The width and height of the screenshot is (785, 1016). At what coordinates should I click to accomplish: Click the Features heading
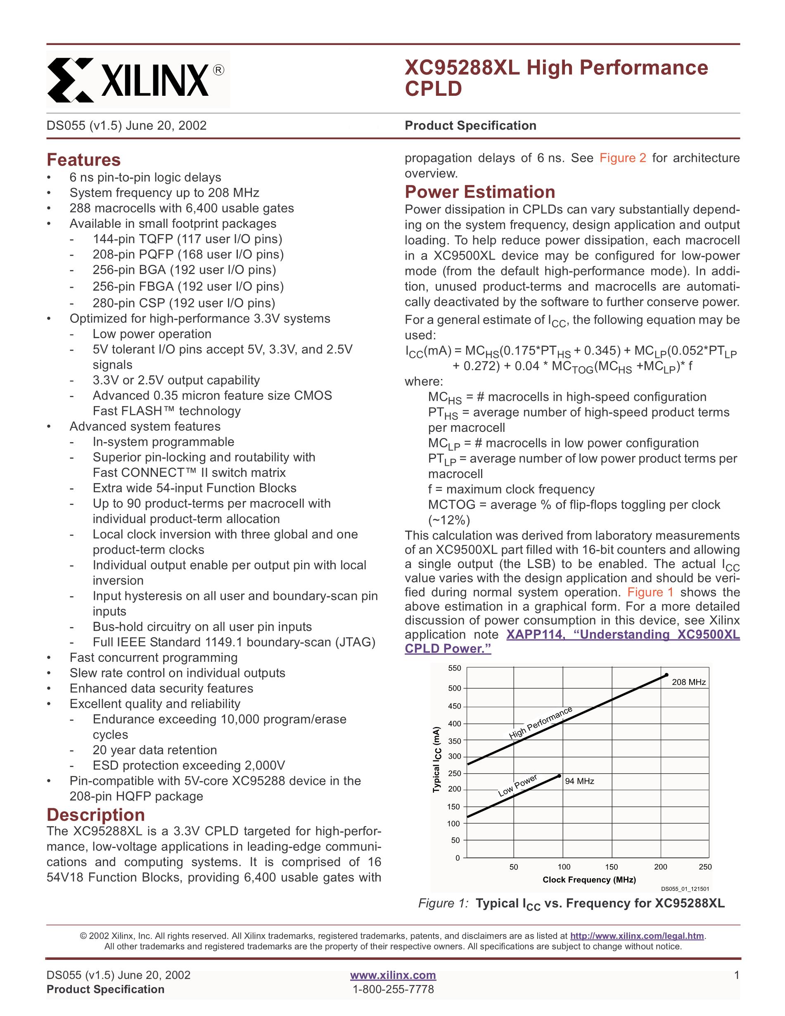coord(83,160)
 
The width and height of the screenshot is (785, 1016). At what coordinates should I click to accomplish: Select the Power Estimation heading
coord(479,192)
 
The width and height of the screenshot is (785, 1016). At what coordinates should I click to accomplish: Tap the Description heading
coord(95,815)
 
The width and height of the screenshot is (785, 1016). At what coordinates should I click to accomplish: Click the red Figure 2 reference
coord(622,158)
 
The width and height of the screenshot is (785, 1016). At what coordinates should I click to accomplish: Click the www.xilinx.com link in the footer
coord(393,975)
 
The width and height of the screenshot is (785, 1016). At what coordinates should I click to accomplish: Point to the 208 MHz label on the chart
coord(688,682)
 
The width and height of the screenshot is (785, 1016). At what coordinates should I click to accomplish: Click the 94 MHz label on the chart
coord(579,782)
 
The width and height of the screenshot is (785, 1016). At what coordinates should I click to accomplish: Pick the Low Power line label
coord(517,786)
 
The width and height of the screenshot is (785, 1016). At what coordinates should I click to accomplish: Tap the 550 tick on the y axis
coord(454,668)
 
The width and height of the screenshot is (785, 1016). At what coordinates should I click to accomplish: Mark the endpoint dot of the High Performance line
coord(666,675)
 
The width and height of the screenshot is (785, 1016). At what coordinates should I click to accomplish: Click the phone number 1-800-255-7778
coord(393,989)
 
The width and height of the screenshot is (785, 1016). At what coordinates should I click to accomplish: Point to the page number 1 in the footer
coord(736,975)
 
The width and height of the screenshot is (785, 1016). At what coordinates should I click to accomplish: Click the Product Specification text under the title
coord(470,126)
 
